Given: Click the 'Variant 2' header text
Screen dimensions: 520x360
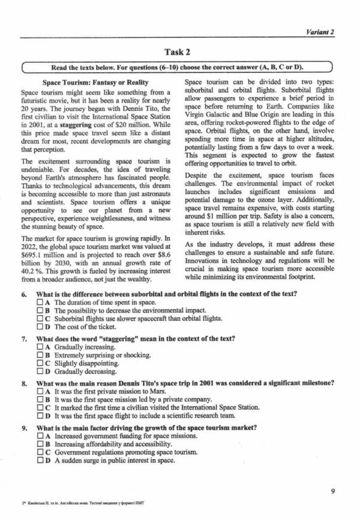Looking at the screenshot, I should (x=320, y=32).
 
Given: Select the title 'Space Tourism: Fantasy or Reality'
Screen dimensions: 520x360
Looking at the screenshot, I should (x=96, y=82).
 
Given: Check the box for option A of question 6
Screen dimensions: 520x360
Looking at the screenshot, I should (x=40, y=303).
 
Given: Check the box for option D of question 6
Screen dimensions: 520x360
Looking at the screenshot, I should (x=40, y=327).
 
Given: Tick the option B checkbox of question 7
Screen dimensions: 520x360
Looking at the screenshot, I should (x=40, y=356).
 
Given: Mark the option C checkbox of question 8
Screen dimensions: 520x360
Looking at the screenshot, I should (x=40, y=408).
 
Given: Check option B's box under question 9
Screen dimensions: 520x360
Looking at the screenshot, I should (x=40, y=444).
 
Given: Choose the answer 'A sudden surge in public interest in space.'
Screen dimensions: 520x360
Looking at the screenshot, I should (x=115, y=461).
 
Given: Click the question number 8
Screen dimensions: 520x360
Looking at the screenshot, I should (x=23, y=383).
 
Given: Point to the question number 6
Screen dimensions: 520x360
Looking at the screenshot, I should (x=23, y=294).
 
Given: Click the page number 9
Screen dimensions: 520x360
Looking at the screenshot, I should (x=333, y=492).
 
